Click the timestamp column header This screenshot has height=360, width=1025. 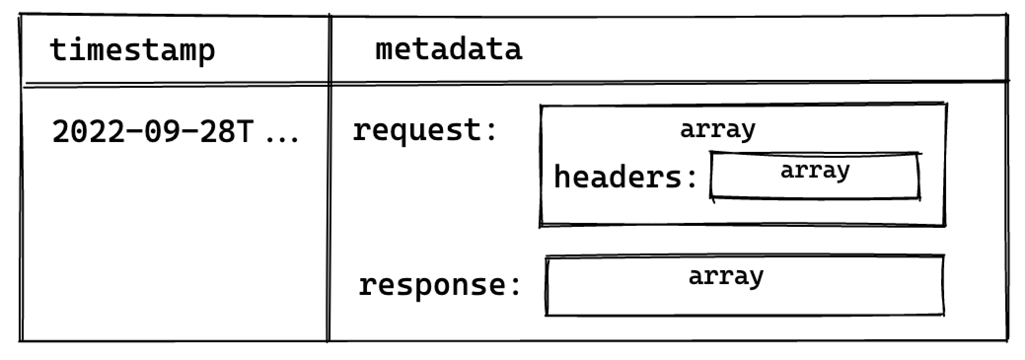click(132, 50)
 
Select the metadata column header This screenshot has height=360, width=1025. click(448, 49)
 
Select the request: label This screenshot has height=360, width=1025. click(425, 131)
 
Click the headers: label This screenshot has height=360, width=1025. click(625, 177)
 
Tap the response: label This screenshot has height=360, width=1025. click(439, 285)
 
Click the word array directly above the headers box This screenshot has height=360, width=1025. click(717, 129)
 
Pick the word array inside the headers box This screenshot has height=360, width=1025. click(815, 171)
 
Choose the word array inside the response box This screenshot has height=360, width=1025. click(726, 276)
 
